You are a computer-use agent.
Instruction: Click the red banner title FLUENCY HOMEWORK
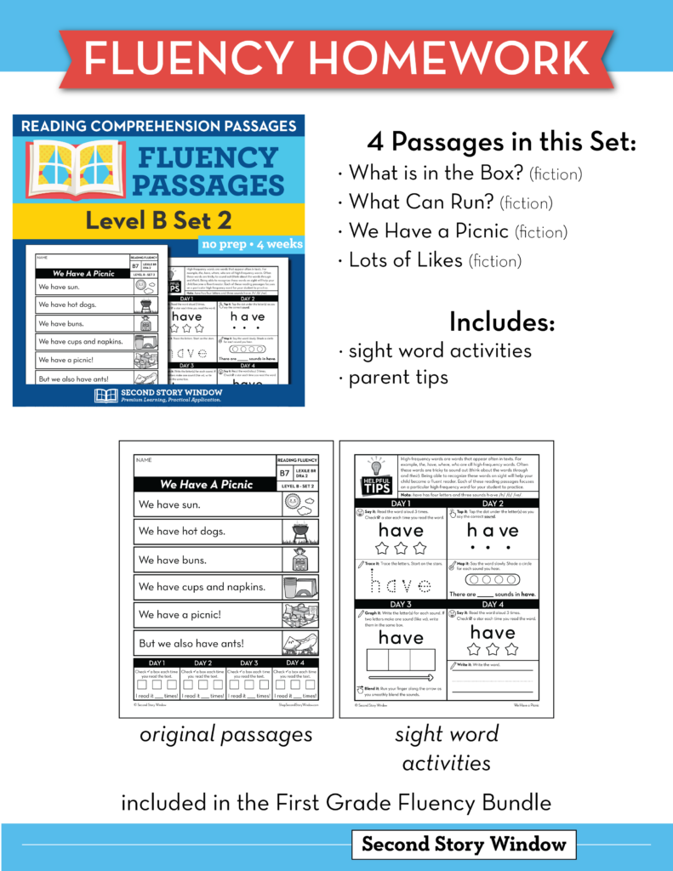336,56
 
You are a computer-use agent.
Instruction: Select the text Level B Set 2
158,220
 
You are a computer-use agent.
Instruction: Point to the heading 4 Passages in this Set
501,142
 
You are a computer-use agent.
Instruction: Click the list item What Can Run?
450,202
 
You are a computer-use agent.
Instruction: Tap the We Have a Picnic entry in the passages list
458,231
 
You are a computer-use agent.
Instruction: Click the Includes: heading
501,322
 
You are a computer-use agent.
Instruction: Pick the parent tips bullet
398,378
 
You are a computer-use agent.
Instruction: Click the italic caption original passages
225,735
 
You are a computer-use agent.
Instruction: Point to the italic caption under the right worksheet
446,749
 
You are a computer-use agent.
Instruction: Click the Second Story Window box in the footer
464,844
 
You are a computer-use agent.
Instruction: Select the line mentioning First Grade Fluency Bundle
336,801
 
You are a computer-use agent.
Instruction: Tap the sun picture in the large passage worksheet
299,504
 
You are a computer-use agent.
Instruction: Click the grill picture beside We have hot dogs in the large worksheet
299,532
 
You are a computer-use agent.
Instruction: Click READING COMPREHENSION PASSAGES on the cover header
158,126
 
